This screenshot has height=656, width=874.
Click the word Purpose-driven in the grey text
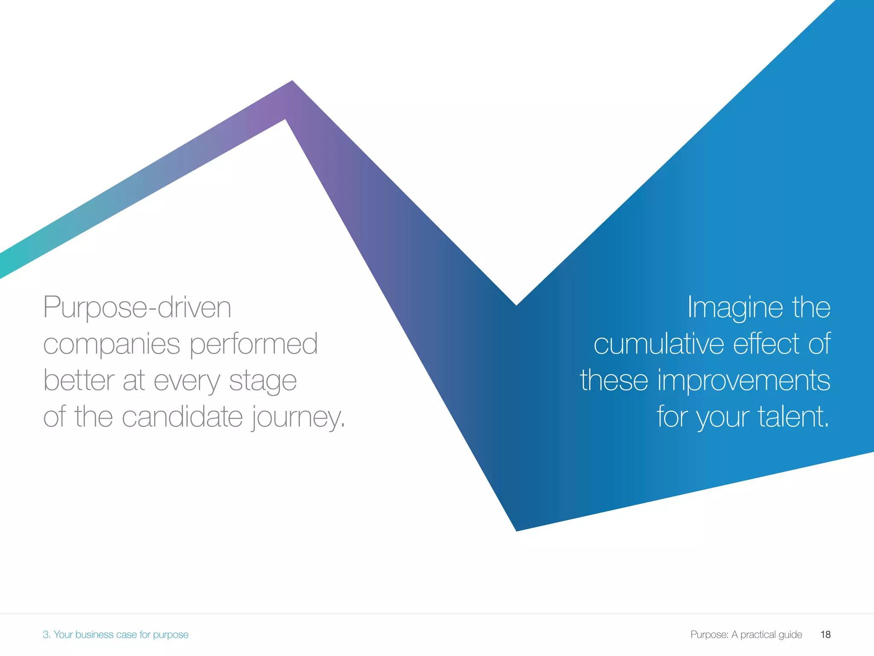tap(137, 307)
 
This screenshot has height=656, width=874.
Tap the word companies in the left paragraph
tap(111, 344)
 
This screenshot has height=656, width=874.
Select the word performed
tap(253, 344)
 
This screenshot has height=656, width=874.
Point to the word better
tap(79, 380)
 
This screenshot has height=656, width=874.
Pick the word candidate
tap(182, 417)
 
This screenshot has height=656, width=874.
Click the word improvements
tap(744, 380)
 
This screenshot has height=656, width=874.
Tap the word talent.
tap(793, 417)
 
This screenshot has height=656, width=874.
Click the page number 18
tap(825, 635)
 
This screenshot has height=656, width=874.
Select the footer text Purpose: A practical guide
tap(746, 635)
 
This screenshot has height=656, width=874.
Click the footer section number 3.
tap(46, 635)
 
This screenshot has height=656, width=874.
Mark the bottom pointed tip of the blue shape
tap(517, 529)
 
